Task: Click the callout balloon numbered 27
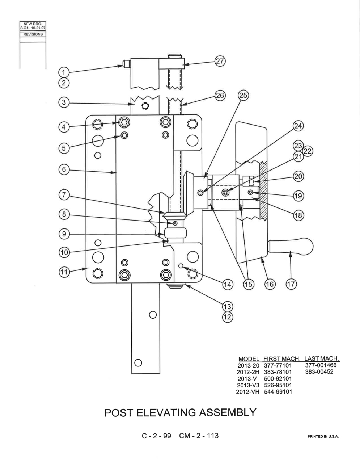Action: point(220,61)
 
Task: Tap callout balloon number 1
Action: point(64,72)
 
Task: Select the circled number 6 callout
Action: point(64,169)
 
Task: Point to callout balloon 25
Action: point(243,95)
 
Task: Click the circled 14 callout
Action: point(227,284)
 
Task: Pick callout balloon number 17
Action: point(291,284)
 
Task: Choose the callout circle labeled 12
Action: point(227,317)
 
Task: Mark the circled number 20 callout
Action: point(298,176)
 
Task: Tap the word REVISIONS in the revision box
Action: point(33,34)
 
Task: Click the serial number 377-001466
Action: point(321,365)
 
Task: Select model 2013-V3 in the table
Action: point(248,385)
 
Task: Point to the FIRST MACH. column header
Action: point(282,359)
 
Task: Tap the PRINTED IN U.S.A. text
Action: point(323,436)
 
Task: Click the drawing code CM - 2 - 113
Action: point(199,436)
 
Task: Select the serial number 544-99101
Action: point(278,392)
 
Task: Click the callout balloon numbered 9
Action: point(64,234)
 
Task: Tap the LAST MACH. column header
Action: point(322,358)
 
